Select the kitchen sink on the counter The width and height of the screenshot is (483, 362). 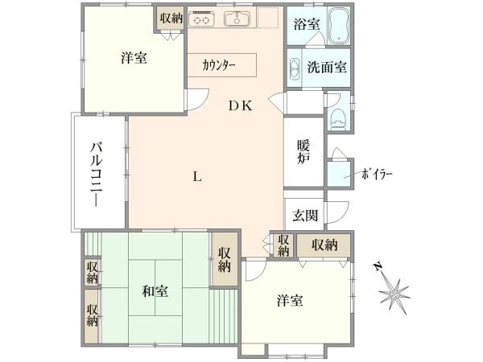click(237, 19)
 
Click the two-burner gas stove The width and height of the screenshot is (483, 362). click(201, 19)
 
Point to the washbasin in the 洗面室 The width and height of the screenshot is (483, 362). click(295, 69)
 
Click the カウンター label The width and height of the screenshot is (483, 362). click(219, 66)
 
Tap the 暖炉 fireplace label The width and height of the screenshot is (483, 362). click(303, 152)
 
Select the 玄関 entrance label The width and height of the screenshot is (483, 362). click(305, 215)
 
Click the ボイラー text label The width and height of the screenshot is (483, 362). click(377, 175)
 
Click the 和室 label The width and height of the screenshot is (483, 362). click(155, 291)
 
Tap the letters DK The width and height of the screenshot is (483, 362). click(241, 106)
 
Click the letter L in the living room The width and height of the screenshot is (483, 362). click(197, 177)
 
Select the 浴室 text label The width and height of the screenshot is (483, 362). click(307, 24)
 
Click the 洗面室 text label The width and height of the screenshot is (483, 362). click(327, 67)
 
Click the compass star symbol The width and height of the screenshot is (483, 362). click(394, 295)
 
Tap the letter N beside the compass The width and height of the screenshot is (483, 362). click(378, 266)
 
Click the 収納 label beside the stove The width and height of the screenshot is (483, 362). click(171, 18)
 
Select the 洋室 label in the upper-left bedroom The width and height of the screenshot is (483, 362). click(134, 58)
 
